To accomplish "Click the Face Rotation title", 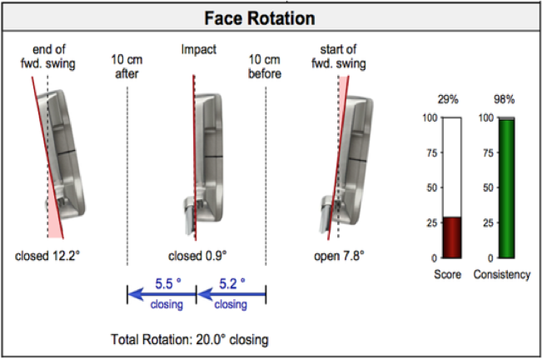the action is coord(260,18).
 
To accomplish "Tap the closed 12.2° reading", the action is coord(47,256).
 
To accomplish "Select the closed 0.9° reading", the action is coord(197,256).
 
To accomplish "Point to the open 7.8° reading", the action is coord(339,256).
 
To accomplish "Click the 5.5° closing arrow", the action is coord(162,295).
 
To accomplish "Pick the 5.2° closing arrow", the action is coord(231,295).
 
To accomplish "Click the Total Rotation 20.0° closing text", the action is coord(190,340).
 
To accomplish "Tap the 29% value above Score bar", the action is coord(448,100).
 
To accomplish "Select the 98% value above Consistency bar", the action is coord(504,100).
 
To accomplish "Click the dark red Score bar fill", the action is coord(452,237).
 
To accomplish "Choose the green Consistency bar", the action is coord(506,188).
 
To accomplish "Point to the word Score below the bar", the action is coord(448,274).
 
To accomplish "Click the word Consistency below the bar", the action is coord(502,274).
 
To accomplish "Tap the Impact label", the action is coord(199,49).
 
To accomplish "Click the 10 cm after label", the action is coord(127,67).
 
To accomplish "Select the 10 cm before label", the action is coord(265,67).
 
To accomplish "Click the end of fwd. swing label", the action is coord(48,57).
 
